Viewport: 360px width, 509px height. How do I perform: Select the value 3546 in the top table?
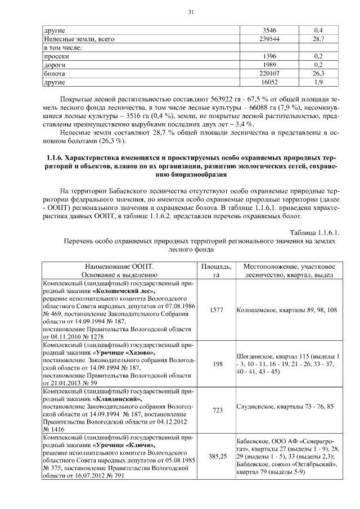[x=270, y=30]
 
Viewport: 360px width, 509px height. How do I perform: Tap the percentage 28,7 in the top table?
[x=319, y=39]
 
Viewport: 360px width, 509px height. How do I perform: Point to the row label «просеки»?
[x=57, y=57]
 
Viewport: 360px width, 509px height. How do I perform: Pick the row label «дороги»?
[x=55, y=65]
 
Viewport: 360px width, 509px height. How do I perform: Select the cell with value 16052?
[x=270, y=82]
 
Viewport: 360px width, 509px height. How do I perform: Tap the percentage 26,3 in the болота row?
[x=319, y=74]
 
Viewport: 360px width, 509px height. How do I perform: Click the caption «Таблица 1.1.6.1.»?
[x=316, y=232]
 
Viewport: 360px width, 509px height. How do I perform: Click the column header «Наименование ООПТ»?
[x=119, y=265]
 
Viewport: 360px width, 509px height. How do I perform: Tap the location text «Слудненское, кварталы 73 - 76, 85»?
[x=285, y=406]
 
